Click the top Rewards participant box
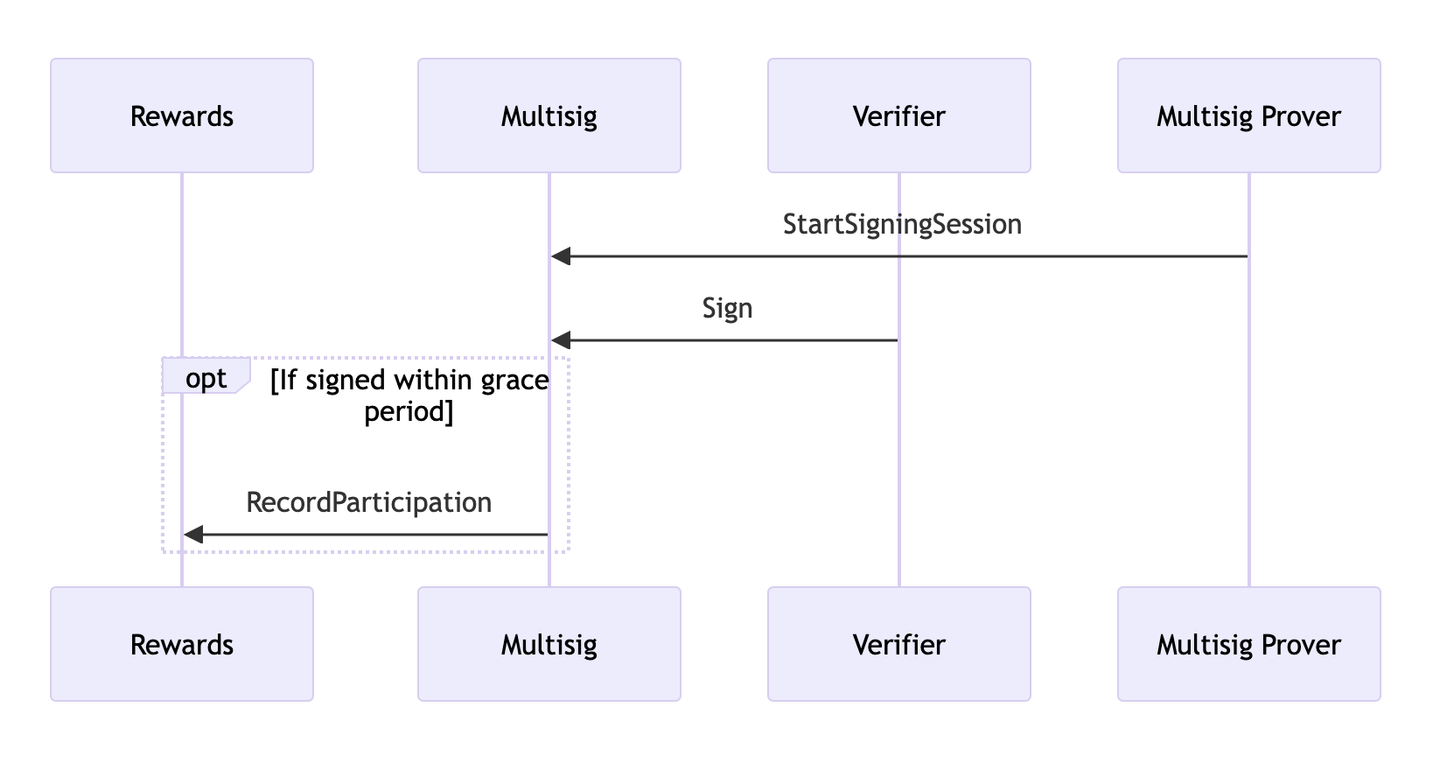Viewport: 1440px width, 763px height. pos(182,115)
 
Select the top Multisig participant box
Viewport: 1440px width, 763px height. pos(549,115)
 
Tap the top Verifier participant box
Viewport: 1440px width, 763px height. pos(898,115)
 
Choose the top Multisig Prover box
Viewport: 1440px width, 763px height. pos(1248,115)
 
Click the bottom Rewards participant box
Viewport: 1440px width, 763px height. pos(182,644)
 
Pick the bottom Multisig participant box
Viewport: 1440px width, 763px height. pos(549,644)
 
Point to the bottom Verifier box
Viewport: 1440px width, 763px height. pos(898,644)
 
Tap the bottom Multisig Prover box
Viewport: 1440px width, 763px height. pos(1248,644)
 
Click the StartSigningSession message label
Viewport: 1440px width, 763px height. pos(902,225)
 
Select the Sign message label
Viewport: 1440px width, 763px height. pos(727,309)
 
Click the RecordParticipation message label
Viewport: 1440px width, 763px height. pos(369,502)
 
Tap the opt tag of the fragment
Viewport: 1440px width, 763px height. pos(206,377)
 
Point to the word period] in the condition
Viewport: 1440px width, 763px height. pos(409,411)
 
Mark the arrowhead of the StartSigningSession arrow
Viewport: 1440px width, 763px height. pos(561,256)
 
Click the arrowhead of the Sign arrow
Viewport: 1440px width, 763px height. pos(561,340)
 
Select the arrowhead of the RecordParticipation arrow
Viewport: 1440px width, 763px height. pos(193,534)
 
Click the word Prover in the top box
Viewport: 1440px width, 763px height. pos(1301,117)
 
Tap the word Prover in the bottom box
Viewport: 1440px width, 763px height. pos(1301,646)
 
